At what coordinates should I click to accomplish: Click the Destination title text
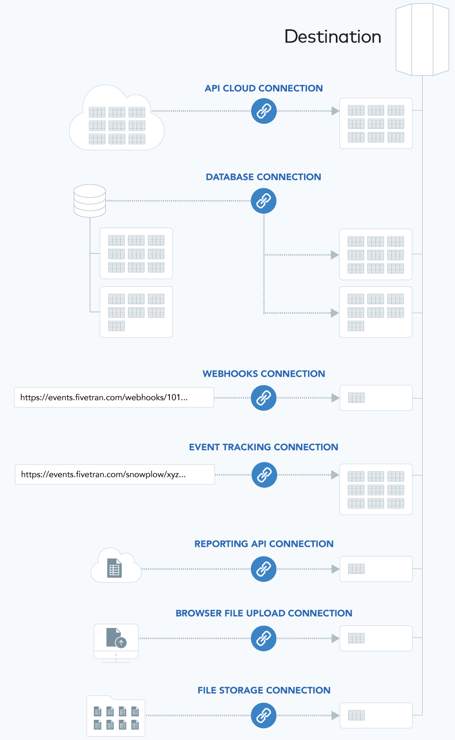click(x=333, y=36)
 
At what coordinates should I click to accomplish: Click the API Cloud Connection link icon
click(x=264, y=111)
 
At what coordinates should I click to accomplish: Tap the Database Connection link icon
click(x=263, y=200)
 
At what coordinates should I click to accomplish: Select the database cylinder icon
click(x=90, y=200)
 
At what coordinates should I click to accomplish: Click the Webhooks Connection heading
click(x=263, y=374)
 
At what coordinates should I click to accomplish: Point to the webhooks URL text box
click(x=114, y=398)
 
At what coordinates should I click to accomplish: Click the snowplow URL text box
click(x=115, y=475)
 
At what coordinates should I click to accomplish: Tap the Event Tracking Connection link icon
click(x=264, y=475)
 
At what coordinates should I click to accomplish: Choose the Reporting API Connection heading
click(x=264, y=544)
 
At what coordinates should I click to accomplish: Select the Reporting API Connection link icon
click(x=264, y=569)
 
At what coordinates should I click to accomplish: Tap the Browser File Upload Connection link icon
click(x=264, y=638)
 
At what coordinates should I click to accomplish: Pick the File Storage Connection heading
click(x=264, y=690)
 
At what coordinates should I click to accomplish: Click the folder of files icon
click(x=116, y=716)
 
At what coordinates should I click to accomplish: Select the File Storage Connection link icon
click(x=264, y=715)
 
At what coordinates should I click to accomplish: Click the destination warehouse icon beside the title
click(x=422, y=39)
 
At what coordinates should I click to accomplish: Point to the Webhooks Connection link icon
click(x=264, y=398)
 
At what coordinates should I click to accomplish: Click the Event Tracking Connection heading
click(x=263, y=447)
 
